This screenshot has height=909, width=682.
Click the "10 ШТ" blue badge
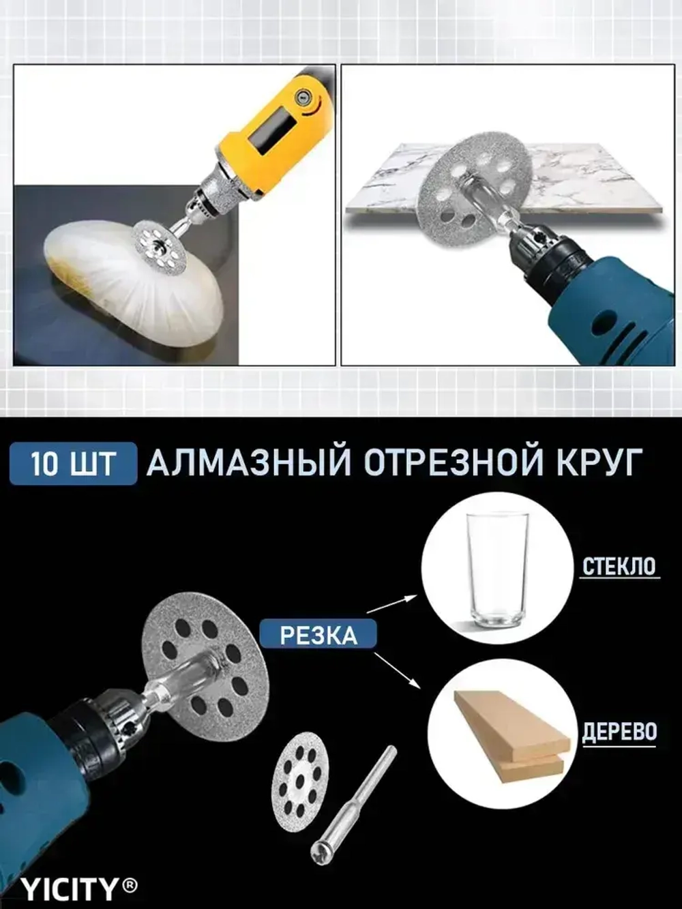(73, 464)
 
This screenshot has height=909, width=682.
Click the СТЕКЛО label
(619, 567)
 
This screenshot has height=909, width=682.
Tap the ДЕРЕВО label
(619, 732)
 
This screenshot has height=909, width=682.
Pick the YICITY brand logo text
(69, 889)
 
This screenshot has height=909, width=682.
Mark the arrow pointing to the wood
(398, 672)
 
